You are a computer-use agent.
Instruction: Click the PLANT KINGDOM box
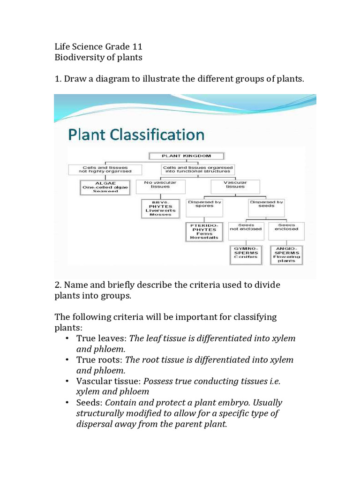click(x=187, y=156)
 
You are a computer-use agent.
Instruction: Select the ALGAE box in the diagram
click(x=105, y=187)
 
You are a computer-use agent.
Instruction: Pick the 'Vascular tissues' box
click(x=234, y=187)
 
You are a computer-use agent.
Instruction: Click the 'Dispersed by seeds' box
click(x=266, y=208)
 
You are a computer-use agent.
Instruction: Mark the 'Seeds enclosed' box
click(x=286, y=230)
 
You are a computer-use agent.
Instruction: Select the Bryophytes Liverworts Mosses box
click(x=161, y=208)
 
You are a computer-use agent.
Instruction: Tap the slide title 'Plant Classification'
click(x=136, y=135)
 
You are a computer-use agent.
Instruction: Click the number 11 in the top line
click(x=137, y=47)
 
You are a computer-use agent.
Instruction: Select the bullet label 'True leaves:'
click(x=101, y=338)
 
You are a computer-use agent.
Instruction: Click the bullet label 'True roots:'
click(x=100, y=360)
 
